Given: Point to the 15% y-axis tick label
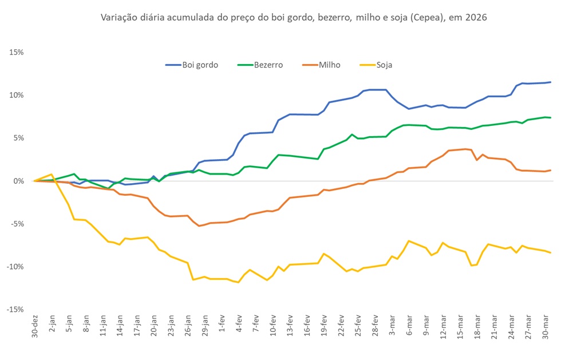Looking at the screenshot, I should (x=16, y=52).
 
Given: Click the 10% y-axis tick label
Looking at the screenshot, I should (x=16, y=95).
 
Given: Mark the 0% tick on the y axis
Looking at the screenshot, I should (x=18, y=181).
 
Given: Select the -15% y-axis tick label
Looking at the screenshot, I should (x=15, y=310).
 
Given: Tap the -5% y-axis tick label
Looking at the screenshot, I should (x=16, y=224).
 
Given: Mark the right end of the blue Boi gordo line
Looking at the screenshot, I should (x=550, y=82).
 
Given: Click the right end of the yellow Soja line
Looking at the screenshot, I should (x=550, y=252).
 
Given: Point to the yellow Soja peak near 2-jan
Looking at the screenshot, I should (x=52, y=175).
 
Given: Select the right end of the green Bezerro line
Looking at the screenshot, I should (x=550, y=118).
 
